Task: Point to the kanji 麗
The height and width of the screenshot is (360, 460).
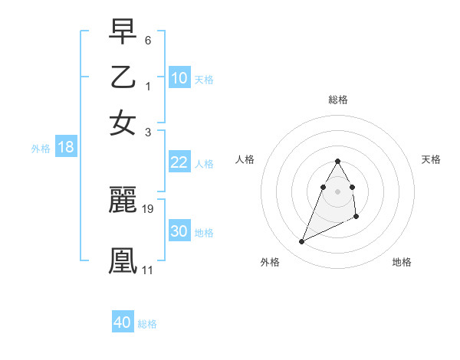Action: point(123,201)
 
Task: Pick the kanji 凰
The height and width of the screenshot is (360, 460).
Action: point(123,259)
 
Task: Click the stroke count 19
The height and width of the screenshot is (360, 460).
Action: point(148,208)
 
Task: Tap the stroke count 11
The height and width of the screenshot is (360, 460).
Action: point(147,270)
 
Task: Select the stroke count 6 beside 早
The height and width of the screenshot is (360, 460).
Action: point(148,39)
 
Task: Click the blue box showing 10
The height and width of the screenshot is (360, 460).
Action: point(179,78)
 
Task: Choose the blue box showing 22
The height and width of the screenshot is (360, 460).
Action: point(179,162)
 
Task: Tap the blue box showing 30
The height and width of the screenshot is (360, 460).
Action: point(179,231)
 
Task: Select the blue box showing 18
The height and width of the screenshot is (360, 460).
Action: point(65,148)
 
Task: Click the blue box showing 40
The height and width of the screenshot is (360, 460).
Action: point(122,322)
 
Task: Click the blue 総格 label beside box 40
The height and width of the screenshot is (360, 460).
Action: point(147,324)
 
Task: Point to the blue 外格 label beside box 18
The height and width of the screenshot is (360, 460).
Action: point(41,149)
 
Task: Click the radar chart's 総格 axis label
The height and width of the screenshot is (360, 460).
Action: point(337,100)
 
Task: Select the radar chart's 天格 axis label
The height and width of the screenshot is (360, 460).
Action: point(432,159)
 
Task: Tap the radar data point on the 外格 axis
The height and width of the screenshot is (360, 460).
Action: point(301,242)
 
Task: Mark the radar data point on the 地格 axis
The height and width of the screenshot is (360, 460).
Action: point(357,218)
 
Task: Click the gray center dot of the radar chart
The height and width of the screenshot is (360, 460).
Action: point(337,191)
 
